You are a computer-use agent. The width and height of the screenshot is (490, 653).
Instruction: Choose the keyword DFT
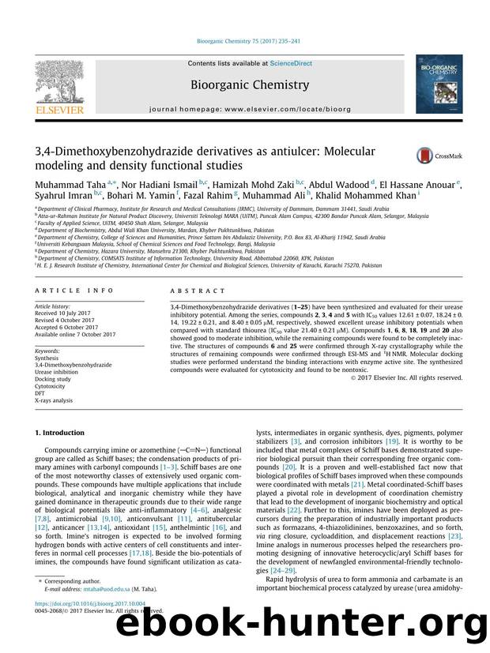pyautogui.click(x=41, y=394)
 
